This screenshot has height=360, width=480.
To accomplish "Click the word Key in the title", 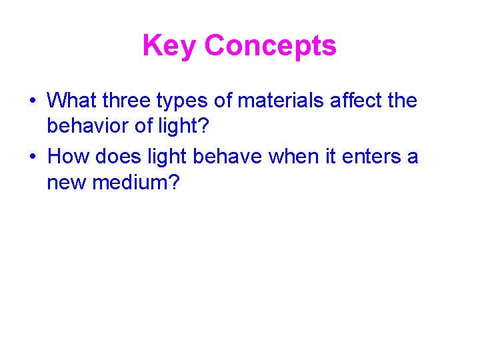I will pos(170,46).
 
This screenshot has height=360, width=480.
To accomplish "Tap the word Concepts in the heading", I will pos(271,46).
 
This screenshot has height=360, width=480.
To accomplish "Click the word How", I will pos(70,156).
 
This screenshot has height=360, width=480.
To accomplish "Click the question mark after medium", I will pos(175,182).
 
